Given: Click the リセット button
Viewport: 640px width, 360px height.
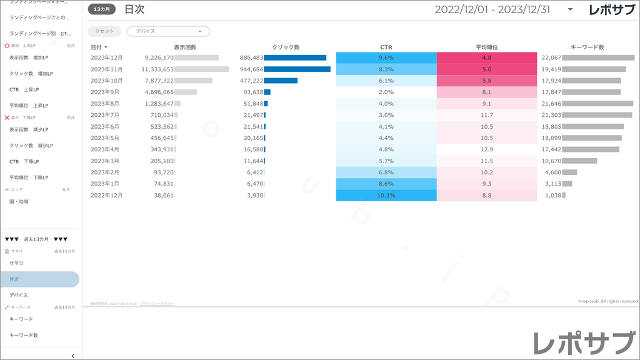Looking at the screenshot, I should click(x=104, y=31).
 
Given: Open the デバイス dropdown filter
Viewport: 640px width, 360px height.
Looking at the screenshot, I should click(x=168, y=31).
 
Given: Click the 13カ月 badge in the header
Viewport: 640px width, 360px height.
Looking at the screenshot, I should click(x=101, y=9).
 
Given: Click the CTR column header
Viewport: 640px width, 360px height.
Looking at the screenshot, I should click(x=386, y=47).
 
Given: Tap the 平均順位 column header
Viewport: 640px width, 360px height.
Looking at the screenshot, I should click(x=486, y=47).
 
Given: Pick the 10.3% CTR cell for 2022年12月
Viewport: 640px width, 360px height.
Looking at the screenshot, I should click(x=386, y=196).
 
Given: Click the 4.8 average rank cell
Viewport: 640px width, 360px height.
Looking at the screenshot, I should click(x=487, y=57).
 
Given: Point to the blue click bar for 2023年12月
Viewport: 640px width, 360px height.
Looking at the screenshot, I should click(x=295, y=57).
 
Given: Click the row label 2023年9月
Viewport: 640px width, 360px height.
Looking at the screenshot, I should click(x=105, y=92).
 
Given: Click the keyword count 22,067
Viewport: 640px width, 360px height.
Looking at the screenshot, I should click(x=551, y=57).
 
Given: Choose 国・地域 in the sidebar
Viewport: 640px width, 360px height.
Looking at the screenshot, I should click(x=19, y=202).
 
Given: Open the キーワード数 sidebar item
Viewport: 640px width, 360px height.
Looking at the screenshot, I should click(x=24, y=336).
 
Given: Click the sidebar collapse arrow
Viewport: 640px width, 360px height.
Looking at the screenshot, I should click(x=73, y=356).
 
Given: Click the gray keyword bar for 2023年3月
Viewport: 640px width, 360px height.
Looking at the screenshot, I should click(x=580, y=161).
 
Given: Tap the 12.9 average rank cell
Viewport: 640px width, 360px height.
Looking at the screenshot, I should click(x=487, y=149).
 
